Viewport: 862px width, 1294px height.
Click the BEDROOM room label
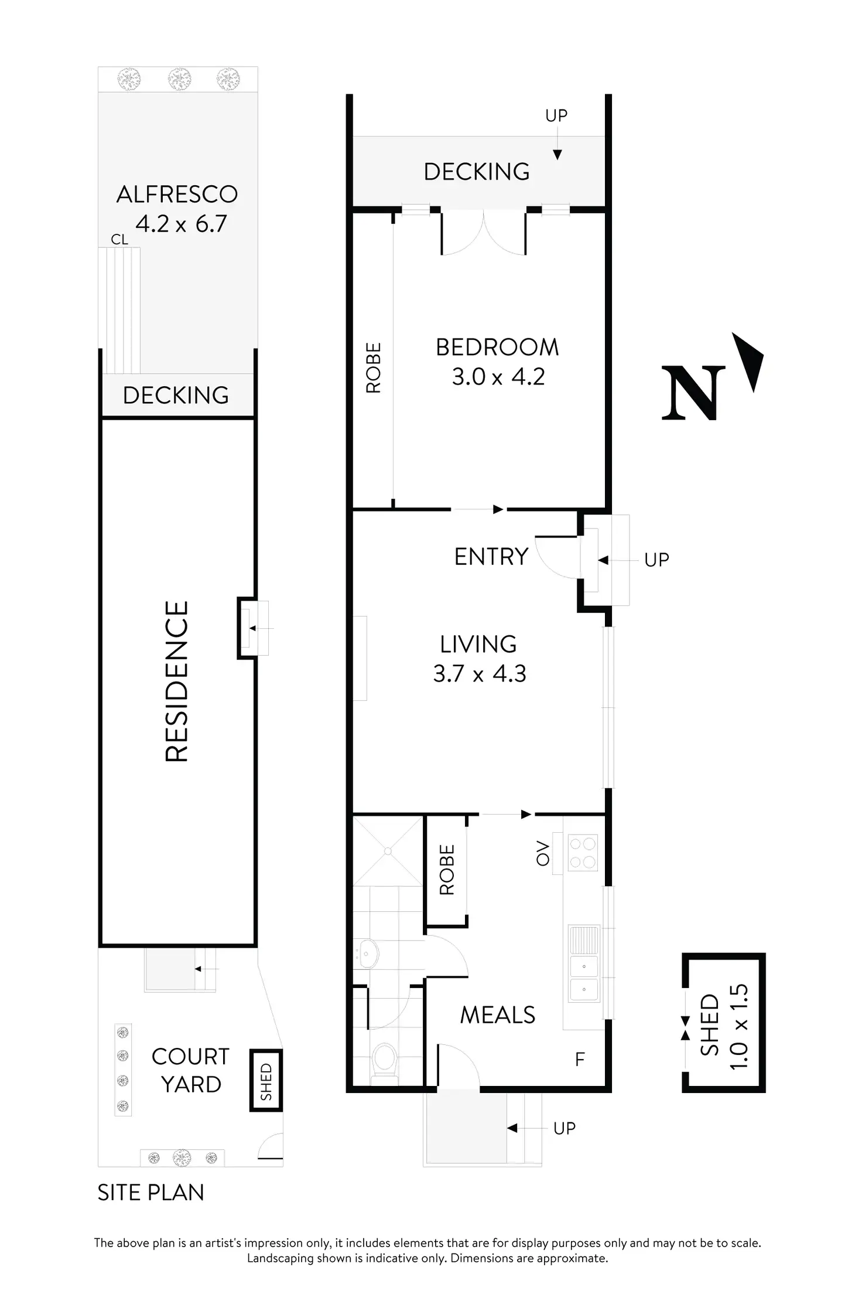coord(497,348)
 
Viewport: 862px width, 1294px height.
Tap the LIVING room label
coord(478,645)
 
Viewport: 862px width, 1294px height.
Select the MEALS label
coord(497,1015)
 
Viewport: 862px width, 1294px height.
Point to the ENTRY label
coord(491,557)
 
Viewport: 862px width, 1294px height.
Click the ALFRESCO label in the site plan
coord(177,195)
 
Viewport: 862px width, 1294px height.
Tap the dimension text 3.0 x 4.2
coord(498,377)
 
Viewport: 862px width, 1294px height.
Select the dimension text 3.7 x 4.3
coord(480,674)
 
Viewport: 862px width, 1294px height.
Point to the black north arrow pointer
coord(750,360)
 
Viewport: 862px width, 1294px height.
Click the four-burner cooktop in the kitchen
coord(583,853)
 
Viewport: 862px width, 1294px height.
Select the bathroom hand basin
coord(365,955)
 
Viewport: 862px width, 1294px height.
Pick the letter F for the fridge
coord(580,1060)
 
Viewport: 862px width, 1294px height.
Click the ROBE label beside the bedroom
coord(373,367)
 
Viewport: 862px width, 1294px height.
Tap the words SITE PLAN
coord(150,1193)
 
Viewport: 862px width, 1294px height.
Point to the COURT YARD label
coord(190,1070)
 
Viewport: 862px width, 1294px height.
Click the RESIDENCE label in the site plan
coord(176,681)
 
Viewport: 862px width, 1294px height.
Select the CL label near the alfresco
coord(119,239)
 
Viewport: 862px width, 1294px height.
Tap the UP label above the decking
coord(556,115)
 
